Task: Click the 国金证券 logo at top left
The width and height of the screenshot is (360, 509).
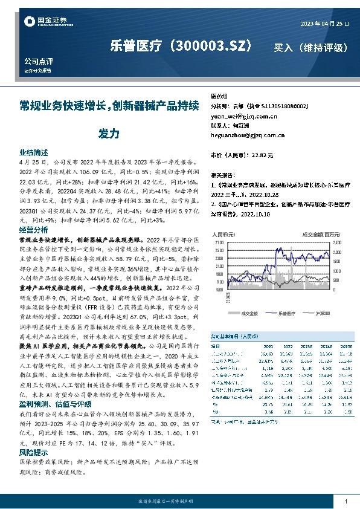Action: coord(42,22)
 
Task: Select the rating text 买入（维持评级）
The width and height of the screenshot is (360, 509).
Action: coord(310,47)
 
